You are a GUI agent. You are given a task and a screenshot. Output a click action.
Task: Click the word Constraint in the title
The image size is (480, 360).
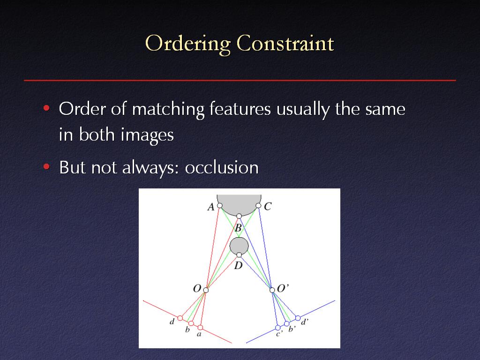(x=285, y=43)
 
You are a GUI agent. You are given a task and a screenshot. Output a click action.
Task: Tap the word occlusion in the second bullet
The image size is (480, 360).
(x=222, y=167)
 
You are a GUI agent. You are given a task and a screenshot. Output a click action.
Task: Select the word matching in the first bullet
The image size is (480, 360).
(x=168, y=110)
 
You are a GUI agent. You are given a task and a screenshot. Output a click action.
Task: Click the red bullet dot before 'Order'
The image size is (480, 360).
(x=46, y=108)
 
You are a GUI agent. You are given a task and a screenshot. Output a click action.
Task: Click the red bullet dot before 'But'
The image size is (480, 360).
(x=46, y=167)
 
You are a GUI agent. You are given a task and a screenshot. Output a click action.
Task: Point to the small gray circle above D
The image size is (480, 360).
(x=239, y=247)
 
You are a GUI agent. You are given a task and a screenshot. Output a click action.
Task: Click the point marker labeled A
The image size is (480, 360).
(x=220, y=205)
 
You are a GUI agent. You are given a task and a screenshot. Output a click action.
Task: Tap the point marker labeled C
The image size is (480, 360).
(x=258, y=205)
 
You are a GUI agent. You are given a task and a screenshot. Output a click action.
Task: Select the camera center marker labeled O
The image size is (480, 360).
(x=206, y=290)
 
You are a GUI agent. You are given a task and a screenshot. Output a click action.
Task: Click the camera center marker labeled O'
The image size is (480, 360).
(x=272, y=290)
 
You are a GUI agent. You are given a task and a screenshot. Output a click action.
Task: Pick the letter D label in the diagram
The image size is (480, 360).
(x=238, y=266)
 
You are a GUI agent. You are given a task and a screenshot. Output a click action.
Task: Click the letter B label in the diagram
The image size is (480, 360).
(x=238, y=228)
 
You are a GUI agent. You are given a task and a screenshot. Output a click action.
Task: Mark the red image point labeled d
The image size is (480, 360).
(x=180, y=318)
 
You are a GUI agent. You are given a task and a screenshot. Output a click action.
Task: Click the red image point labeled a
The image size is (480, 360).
(x=200, y=328)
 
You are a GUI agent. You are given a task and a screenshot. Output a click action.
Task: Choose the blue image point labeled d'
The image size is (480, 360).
(x=298, y=318)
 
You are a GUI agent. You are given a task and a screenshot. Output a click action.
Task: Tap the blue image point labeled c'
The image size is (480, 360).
(x=277, y=328)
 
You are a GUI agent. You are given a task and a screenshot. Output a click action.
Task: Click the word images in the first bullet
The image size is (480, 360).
(x=147, y=135)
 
